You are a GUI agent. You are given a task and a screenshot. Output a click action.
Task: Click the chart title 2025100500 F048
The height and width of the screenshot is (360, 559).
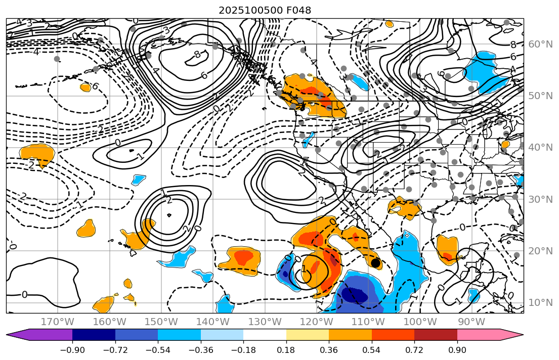tap(265, 10)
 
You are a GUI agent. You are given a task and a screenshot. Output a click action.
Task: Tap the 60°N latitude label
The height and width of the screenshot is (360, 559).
tap(540, 44)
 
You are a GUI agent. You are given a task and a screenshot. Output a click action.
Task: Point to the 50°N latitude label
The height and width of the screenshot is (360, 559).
tap(540, 96)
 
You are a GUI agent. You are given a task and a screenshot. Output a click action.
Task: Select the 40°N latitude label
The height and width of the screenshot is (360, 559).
tap(540, 148)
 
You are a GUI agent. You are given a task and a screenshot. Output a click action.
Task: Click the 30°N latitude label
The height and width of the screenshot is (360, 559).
tap(540, 199)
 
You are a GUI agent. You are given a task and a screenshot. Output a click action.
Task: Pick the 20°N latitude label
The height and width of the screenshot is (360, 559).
tap(540, 251)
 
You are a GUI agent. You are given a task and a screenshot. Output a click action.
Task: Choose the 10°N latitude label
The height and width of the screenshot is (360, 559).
tap(540, 303)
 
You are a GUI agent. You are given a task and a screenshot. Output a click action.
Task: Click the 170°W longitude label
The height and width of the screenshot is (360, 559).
tap(57, 322)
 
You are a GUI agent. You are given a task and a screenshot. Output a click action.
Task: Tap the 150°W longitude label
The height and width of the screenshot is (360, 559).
tap(161, 322)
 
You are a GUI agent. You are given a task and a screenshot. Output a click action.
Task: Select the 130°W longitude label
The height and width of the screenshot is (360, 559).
tap(265, 322)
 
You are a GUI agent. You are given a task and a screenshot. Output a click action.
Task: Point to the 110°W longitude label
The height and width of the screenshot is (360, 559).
tap(368, 322)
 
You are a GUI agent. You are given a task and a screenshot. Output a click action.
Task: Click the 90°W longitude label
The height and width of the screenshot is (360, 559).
tap(471, 322)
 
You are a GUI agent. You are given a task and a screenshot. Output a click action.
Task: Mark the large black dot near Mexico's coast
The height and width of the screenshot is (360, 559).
tap(375, 263)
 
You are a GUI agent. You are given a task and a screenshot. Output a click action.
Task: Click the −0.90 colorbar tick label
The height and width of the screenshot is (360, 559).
tap(72, 351)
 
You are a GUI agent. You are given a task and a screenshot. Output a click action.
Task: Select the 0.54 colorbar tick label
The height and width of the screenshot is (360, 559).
tap(372, 351)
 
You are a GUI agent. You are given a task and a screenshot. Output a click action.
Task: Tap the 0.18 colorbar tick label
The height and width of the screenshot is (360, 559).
tap(286, 351)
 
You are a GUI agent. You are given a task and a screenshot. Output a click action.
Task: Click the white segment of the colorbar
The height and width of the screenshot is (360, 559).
tap(265, 335)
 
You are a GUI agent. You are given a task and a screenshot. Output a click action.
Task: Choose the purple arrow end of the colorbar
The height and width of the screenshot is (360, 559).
tap(15, 335)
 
